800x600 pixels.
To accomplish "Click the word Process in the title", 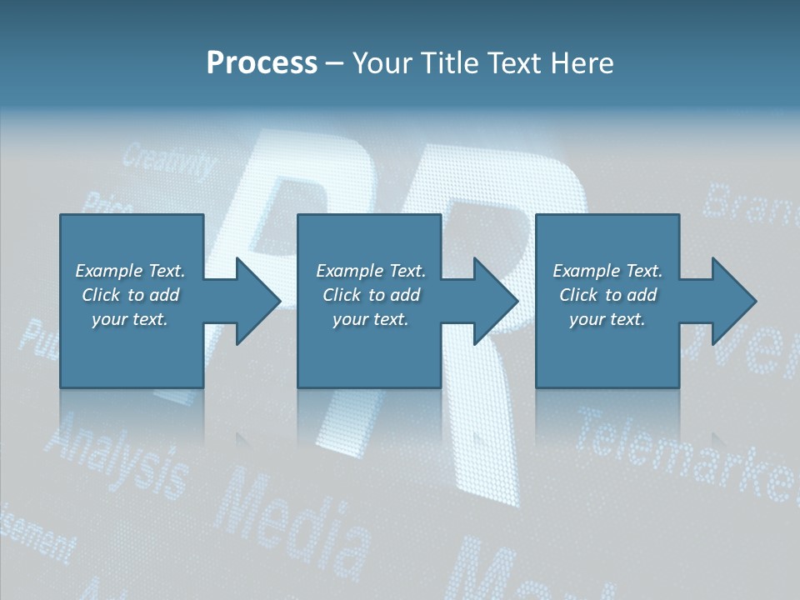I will click(262, 63).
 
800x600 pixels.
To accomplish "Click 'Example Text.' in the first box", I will click(130, 271).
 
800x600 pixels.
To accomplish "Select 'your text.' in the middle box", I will click(370, 319).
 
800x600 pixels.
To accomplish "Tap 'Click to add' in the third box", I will click(608, 295).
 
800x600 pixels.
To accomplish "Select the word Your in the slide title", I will click(380, 63).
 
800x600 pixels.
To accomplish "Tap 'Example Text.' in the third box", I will click(607, 271).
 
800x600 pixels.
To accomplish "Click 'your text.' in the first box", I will click(130, 319).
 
